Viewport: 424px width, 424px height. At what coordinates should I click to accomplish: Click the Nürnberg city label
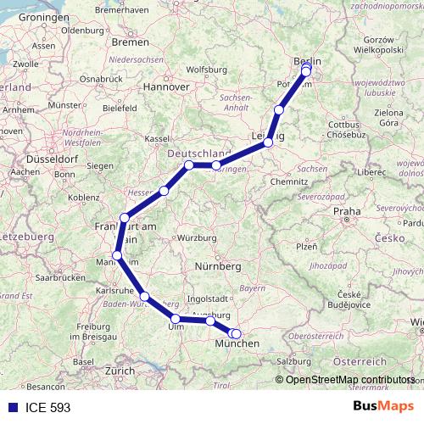point(220,266)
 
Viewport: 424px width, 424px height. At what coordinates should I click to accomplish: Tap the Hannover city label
point(165,86)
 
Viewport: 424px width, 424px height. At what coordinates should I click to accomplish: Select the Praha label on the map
point(347,211)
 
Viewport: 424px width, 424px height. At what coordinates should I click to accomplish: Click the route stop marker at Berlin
point(306,70)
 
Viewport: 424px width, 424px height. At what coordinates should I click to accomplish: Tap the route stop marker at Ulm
point(176,320)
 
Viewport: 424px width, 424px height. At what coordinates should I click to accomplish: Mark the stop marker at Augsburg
point(210,321)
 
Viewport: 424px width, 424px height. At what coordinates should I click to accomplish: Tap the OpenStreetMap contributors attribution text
point(349,380)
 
